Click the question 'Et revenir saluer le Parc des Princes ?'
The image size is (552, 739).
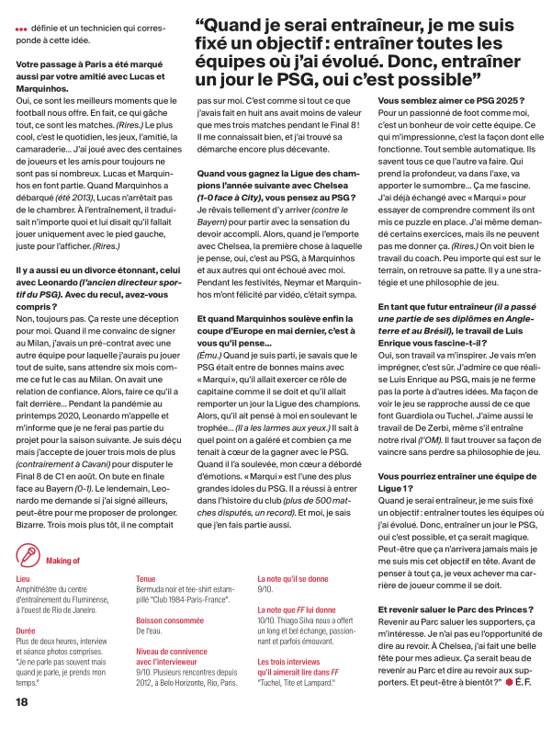[456, 610]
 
